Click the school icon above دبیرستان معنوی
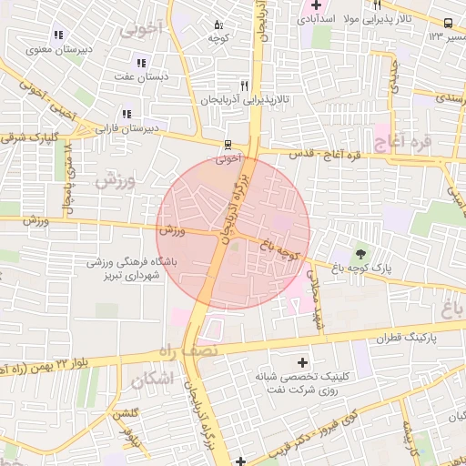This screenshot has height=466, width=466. pyautogui.click(x=59, y=35)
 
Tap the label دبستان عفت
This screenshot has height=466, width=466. pyautogui.click(x=140, y=77)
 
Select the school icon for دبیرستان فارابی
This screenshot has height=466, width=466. pyautogui.click(x=125, y=114)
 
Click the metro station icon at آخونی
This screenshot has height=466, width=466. pyautogui.click(x=228, y=144)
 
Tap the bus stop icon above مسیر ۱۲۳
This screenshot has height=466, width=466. pyautogui.click(x=448, y=23)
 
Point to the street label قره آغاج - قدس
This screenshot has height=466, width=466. pyautogui.click(x=325, y=156)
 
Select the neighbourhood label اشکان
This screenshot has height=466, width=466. pyautogui.click(x=150, y=381)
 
